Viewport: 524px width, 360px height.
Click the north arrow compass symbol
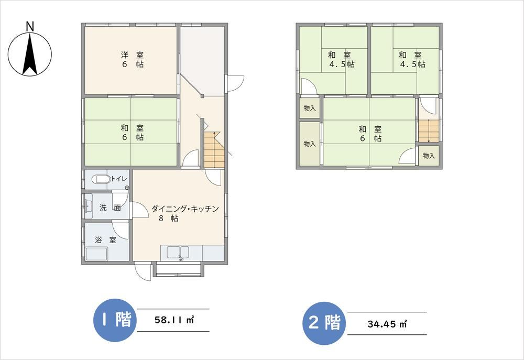(x=30, y=54)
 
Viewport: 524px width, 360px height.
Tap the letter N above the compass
(x=30, y=26)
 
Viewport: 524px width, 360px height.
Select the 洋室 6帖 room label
(x=133, y=60)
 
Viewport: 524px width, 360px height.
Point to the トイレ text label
(x=119, y=179)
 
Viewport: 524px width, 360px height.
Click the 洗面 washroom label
(x=110, y=208)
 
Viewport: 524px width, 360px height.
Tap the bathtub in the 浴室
(x=96, y=254)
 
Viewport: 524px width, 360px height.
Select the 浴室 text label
(x=106, y=239)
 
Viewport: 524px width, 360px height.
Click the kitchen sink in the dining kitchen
(x=178, y=253)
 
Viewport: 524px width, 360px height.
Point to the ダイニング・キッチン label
(x=185, y=209)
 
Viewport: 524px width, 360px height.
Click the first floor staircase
(x=214, y=150)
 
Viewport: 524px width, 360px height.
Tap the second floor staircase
(x=429, y=130)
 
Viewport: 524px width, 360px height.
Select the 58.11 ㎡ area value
(x=174, y=320)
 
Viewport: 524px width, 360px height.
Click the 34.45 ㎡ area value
(x=387, y=323)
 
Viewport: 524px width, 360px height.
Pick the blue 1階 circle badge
(x=115, y=320)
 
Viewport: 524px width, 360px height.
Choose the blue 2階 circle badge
(x=324, y=323)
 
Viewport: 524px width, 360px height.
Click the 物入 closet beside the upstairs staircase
(x=429, y=156)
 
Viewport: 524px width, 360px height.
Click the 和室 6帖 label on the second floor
(x=370, y=134)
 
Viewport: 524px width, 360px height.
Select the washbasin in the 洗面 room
(x=88, y=206)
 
